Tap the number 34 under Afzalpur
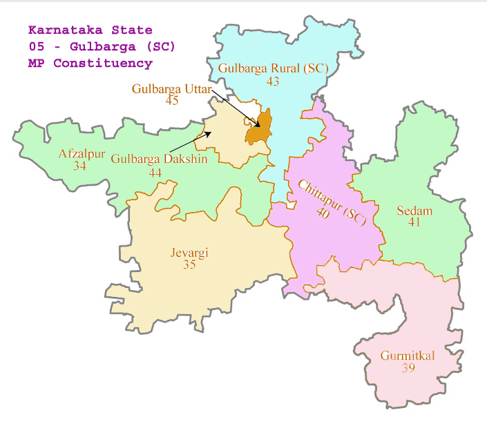[79, 166]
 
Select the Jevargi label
[189, 253]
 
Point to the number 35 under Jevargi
[189, 264]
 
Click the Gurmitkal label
[408, 356]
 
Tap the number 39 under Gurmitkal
[408, 368]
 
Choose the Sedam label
[414, 211]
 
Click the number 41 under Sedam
[414, 222]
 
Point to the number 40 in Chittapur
[323, 213]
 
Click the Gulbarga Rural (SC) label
[273, 69]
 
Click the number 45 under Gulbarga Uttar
[172, 100]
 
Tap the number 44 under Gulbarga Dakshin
[155, 173]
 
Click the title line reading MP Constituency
[90, 63]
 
